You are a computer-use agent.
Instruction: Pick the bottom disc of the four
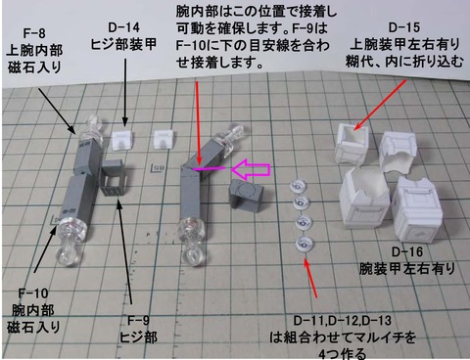pos(304,242)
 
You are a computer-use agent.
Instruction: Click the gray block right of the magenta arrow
pos(246,194)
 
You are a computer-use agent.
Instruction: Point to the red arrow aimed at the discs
pos(312,276)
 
